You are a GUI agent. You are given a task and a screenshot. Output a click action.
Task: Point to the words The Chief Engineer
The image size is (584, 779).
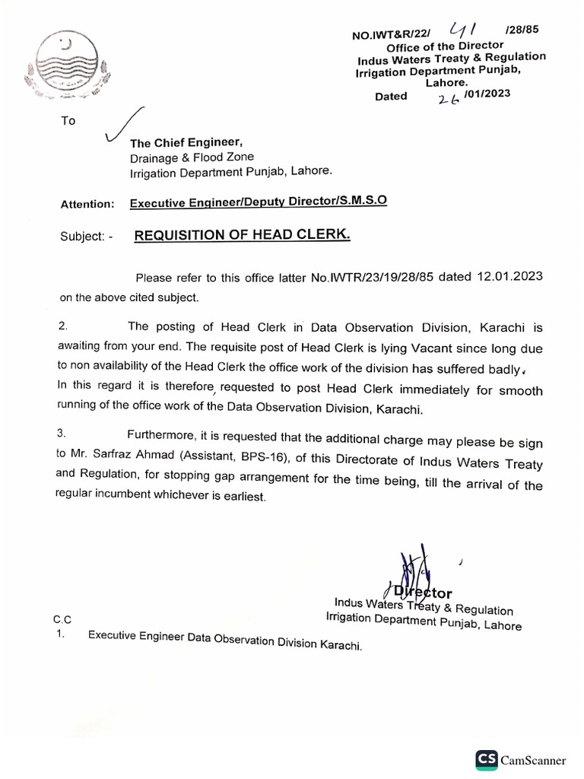tap(187, 143)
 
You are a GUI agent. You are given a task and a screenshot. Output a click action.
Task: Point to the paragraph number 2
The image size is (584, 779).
tap(64, 326)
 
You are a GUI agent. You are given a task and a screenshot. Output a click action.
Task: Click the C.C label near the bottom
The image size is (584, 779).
tap(64, 621)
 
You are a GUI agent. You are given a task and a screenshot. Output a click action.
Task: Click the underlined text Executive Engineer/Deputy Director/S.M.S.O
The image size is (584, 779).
tap(258, 203)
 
